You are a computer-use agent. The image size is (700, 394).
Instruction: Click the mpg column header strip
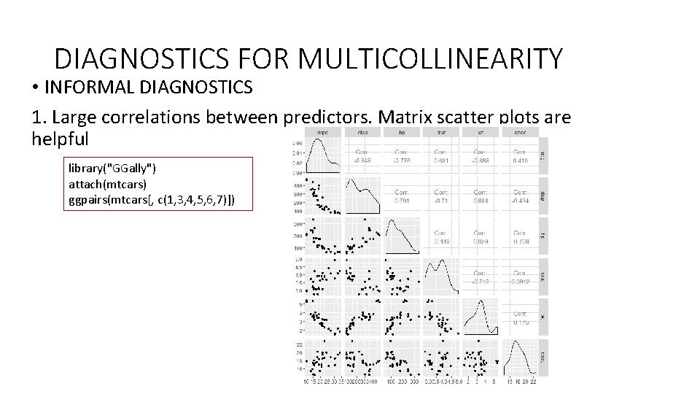pos(321,132)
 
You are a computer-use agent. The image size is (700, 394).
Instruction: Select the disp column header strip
pos(362,132)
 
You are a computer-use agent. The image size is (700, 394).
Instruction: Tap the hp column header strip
pos(401,132)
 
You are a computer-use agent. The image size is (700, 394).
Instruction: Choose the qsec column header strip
pos(520,132)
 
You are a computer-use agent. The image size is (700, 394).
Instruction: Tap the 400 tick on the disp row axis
pos(298,185)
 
